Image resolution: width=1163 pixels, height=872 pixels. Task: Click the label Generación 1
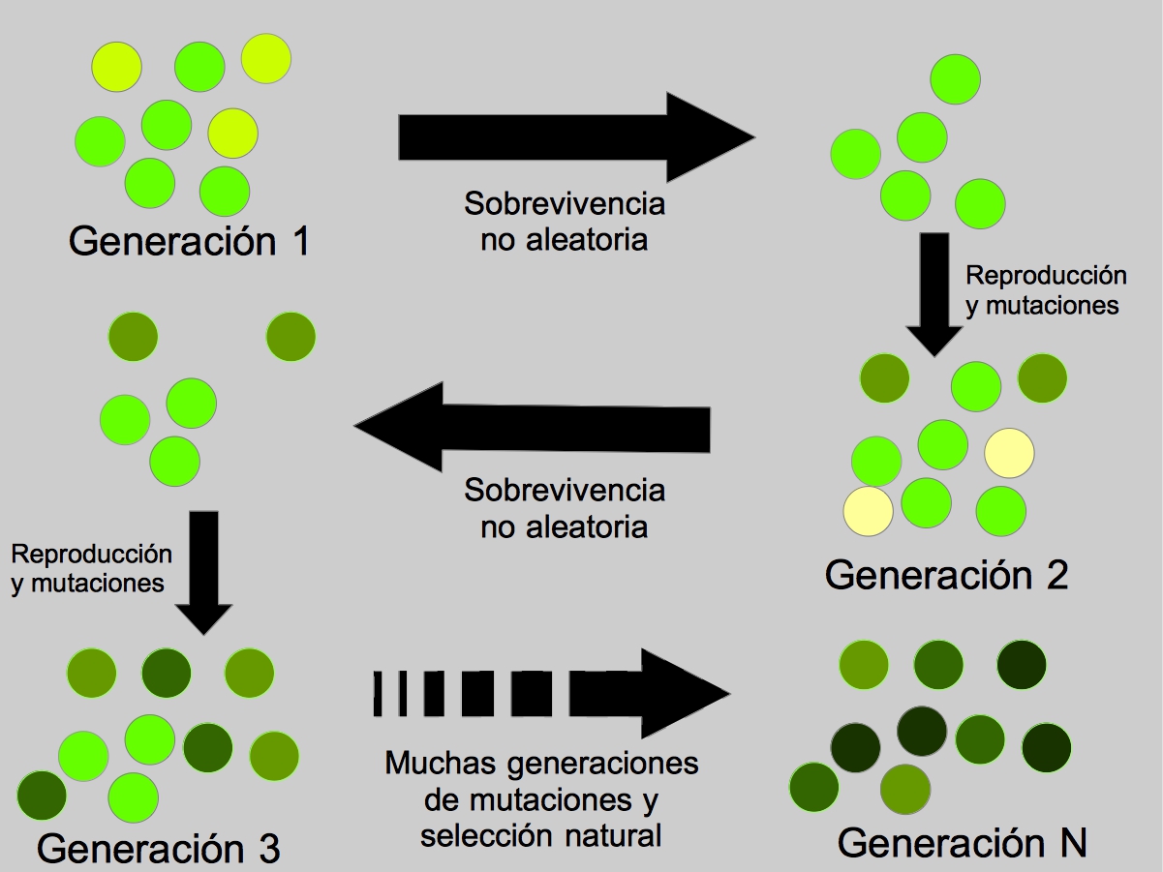(189, 240)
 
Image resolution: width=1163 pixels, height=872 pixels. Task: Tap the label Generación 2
(946, 575)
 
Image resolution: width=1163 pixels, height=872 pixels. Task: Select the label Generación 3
(159, 849)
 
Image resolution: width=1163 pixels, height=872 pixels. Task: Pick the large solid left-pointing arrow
(533, 427)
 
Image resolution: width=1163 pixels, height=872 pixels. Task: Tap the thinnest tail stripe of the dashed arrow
(378, 693)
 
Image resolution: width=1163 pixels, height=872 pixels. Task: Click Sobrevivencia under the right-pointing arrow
(565, 205)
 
